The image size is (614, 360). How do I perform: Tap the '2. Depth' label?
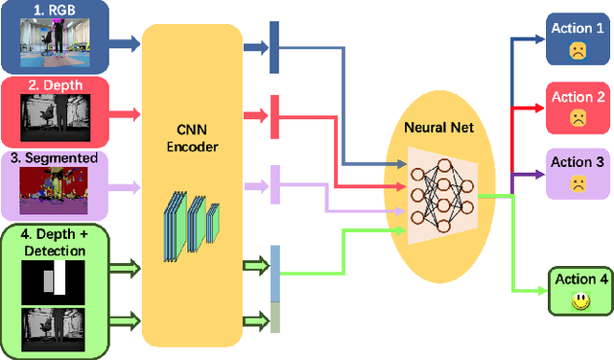57,85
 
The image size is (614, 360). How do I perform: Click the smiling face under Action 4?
579,300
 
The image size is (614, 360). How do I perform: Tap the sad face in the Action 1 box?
578,51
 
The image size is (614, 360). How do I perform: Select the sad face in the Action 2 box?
578,119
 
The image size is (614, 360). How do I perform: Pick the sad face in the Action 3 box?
578,182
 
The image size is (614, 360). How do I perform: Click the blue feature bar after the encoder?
273,45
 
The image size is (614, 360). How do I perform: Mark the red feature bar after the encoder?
273,115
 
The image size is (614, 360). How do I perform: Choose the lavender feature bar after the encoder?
274,184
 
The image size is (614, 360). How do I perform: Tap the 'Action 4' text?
579,280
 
